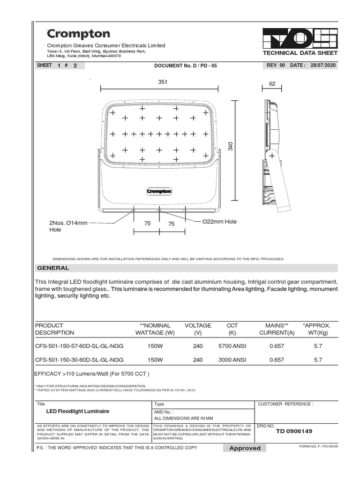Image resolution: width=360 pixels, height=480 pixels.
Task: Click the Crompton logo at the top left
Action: (78, 34)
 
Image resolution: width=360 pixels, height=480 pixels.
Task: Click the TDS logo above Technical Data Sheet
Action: (300, 38)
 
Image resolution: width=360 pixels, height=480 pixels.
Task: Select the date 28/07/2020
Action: (323, 66)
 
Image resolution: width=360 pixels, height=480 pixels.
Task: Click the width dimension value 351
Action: (163, 82)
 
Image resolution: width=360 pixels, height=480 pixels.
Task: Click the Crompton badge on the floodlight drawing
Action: (159, 191)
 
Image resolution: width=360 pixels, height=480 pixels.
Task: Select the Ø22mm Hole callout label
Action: (219, 221)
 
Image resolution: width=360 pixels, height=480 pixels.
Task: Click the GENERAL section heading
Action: (53, 268)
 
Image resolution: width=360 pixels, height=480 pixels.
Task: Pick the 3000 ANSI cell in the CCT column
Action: (232, 360)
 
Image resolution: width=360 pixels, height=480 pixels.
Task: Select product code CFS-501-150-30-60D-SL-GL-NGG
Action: (80, 360)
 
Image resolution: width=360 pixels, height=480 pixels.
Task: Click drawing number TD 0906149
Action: (294, 431)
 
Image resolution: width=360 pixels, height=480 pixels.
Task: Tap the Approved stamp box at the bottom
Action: (245, 448)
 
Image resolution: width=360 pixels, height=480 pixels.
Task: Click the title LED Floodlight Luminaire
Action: (77, 411)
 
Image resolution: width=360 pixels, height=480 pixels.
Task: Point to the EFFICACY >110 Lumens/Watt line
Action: (92, 374)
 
